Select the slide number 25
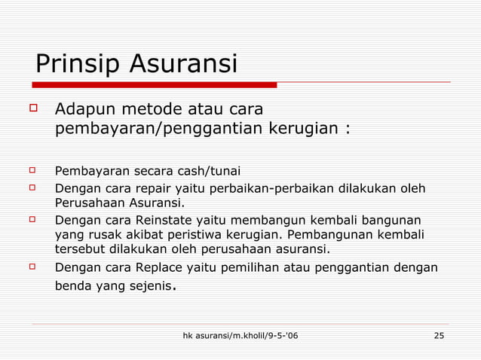(439, 334)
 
